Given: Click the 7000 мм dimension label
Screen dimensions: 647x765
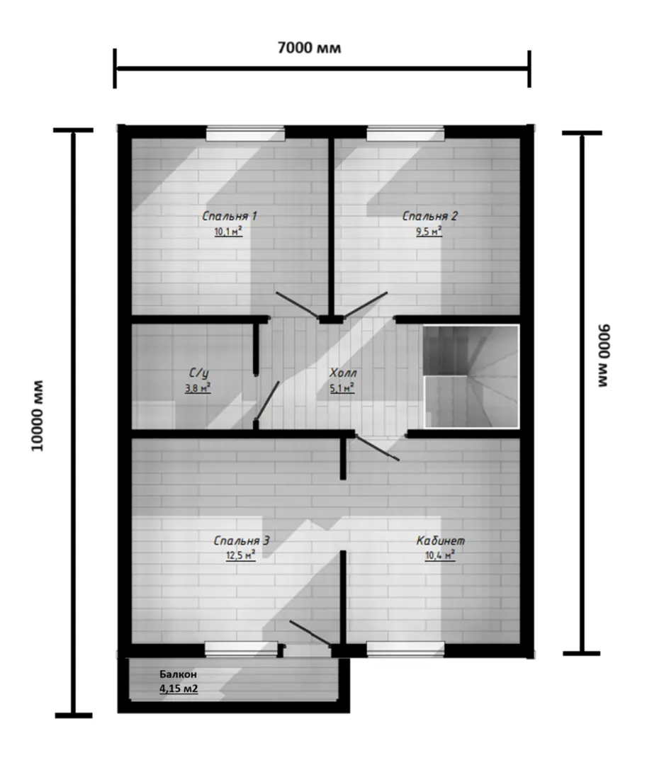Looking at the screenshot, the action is tap(309, 48).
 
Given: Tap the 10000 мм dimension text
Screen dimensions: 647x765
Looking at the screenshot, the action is tap(38, 416).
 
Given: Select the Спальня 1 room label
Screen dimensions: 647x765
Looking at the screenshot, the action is tap(230, 215).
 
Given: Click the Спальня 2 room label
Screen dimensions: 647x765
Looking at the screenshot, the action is tap(429, 215).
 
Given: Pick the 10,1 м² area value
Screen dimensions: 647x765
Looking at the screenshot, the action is tap(228, 231).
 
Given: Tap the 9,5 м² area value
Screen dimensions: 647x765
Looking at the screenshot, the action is tap(429, 231).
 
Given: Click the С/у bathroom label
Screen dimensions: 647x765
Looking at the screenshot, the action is tap(198, 373).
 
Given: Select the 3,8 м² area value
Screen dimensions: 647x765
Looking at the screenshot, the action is tap(198, 388).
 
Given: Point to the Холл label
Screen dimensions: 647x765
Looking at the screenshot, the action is tap(343, 373).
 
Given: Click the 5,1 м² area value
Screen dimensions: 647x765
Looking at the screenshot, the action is tap(342, 388).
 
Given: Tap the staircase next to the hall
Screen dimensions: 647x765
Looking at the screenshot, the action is tap(471, 376).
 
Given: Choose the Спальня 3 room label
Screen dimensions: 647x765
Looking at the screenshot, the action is tap(242, 540).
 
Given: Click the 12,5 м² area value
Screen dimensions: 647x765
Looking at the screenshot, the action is tap(240, 556).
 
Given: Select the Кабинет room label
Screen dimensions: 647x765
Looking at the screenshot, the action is tap(440, 540).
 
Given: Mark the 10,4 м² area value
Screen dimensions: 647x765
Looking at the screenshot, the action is tap(440, 556).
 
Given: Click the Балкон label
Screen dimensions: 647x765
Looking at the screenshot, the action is tap(178, 674).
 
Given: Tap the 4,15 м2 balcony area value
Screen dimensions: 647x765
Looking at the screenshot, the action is tap(179, 689).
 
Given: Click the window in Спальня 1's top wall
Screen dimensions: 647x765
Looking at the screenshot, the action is tap(245, 133).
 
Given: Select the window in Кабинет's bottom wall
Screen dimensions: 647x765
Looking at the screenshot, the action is tap(405, 650).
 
